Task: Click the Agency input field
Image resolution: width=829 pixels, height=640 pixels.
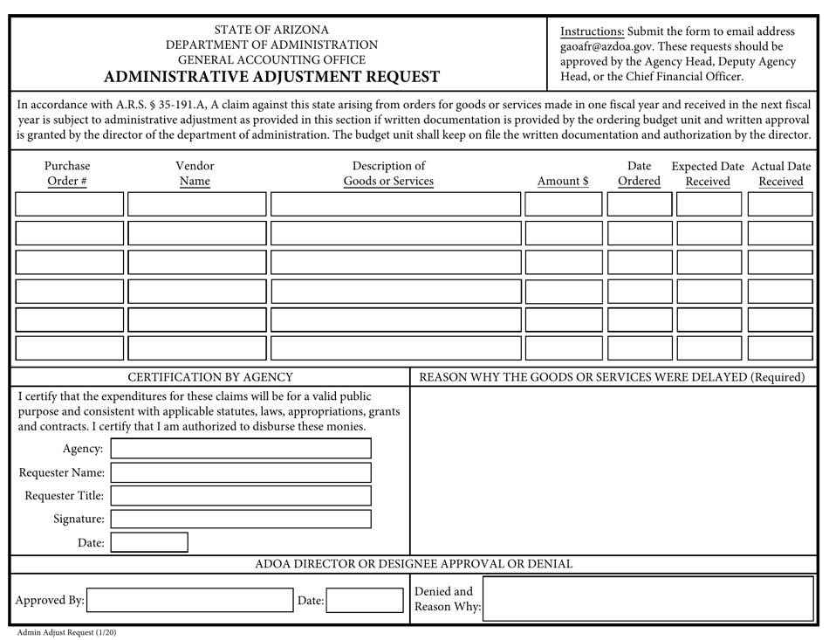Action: pyautogui.click(x=240, y=449)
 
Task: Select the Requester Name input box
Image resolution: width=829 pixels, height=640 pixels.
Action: pyautogui.click(x=240, y=472)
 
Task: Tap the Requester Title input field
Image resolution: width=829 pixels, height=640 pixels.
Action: pyautogui.click(x=240, y=496)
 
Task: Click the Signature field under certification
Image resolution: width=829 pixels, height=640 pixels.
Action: pyautogui.click(x=240, y=519)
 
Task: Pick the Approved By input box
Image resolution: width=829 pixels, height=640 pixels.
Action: pyautogui.click(x=188, y=601)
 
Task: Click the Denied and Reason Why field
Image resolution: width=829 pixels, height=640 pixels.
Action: pyautogui.click(x=648, y=599)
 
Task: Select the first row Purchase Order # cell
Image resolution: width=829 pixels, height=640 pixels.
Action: pyautogui.click(x=70, y=204)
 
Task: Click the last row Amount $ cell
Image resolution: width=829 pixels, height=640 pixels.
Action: pyautogui.click(x=563, y=348)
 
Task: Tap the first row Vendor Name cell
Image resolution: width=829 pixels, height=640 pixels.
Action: pyautogui.click(x=196, y=204)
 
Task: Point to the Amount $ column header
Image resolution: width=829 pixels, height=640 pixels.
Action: pyautogui.click(x=563, y=182)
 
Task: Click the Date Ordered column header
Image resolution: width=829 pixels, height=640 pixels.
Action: pyautogui.click(x=639, y=174)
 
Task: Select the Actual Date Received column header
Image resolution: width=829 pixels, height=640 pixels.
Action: pyautogui.click(x=780, y=174)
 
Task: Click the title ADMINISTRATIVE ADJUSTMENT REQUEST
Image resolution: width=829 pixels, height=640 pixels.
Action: pyautogui.click(x=271, y=77)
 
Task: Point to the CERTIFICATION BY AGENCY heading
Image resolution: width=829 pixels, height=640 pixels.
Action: pyautogui.click(x=210, y=377)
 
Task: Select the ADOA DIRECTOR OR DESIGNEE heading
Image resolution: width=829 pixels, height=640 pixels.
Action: pyautogui.click(x=414, y=564)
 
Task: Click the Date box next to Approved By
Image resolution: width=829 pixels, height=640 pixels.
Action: pyautogui.click(x=364, y=601)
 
